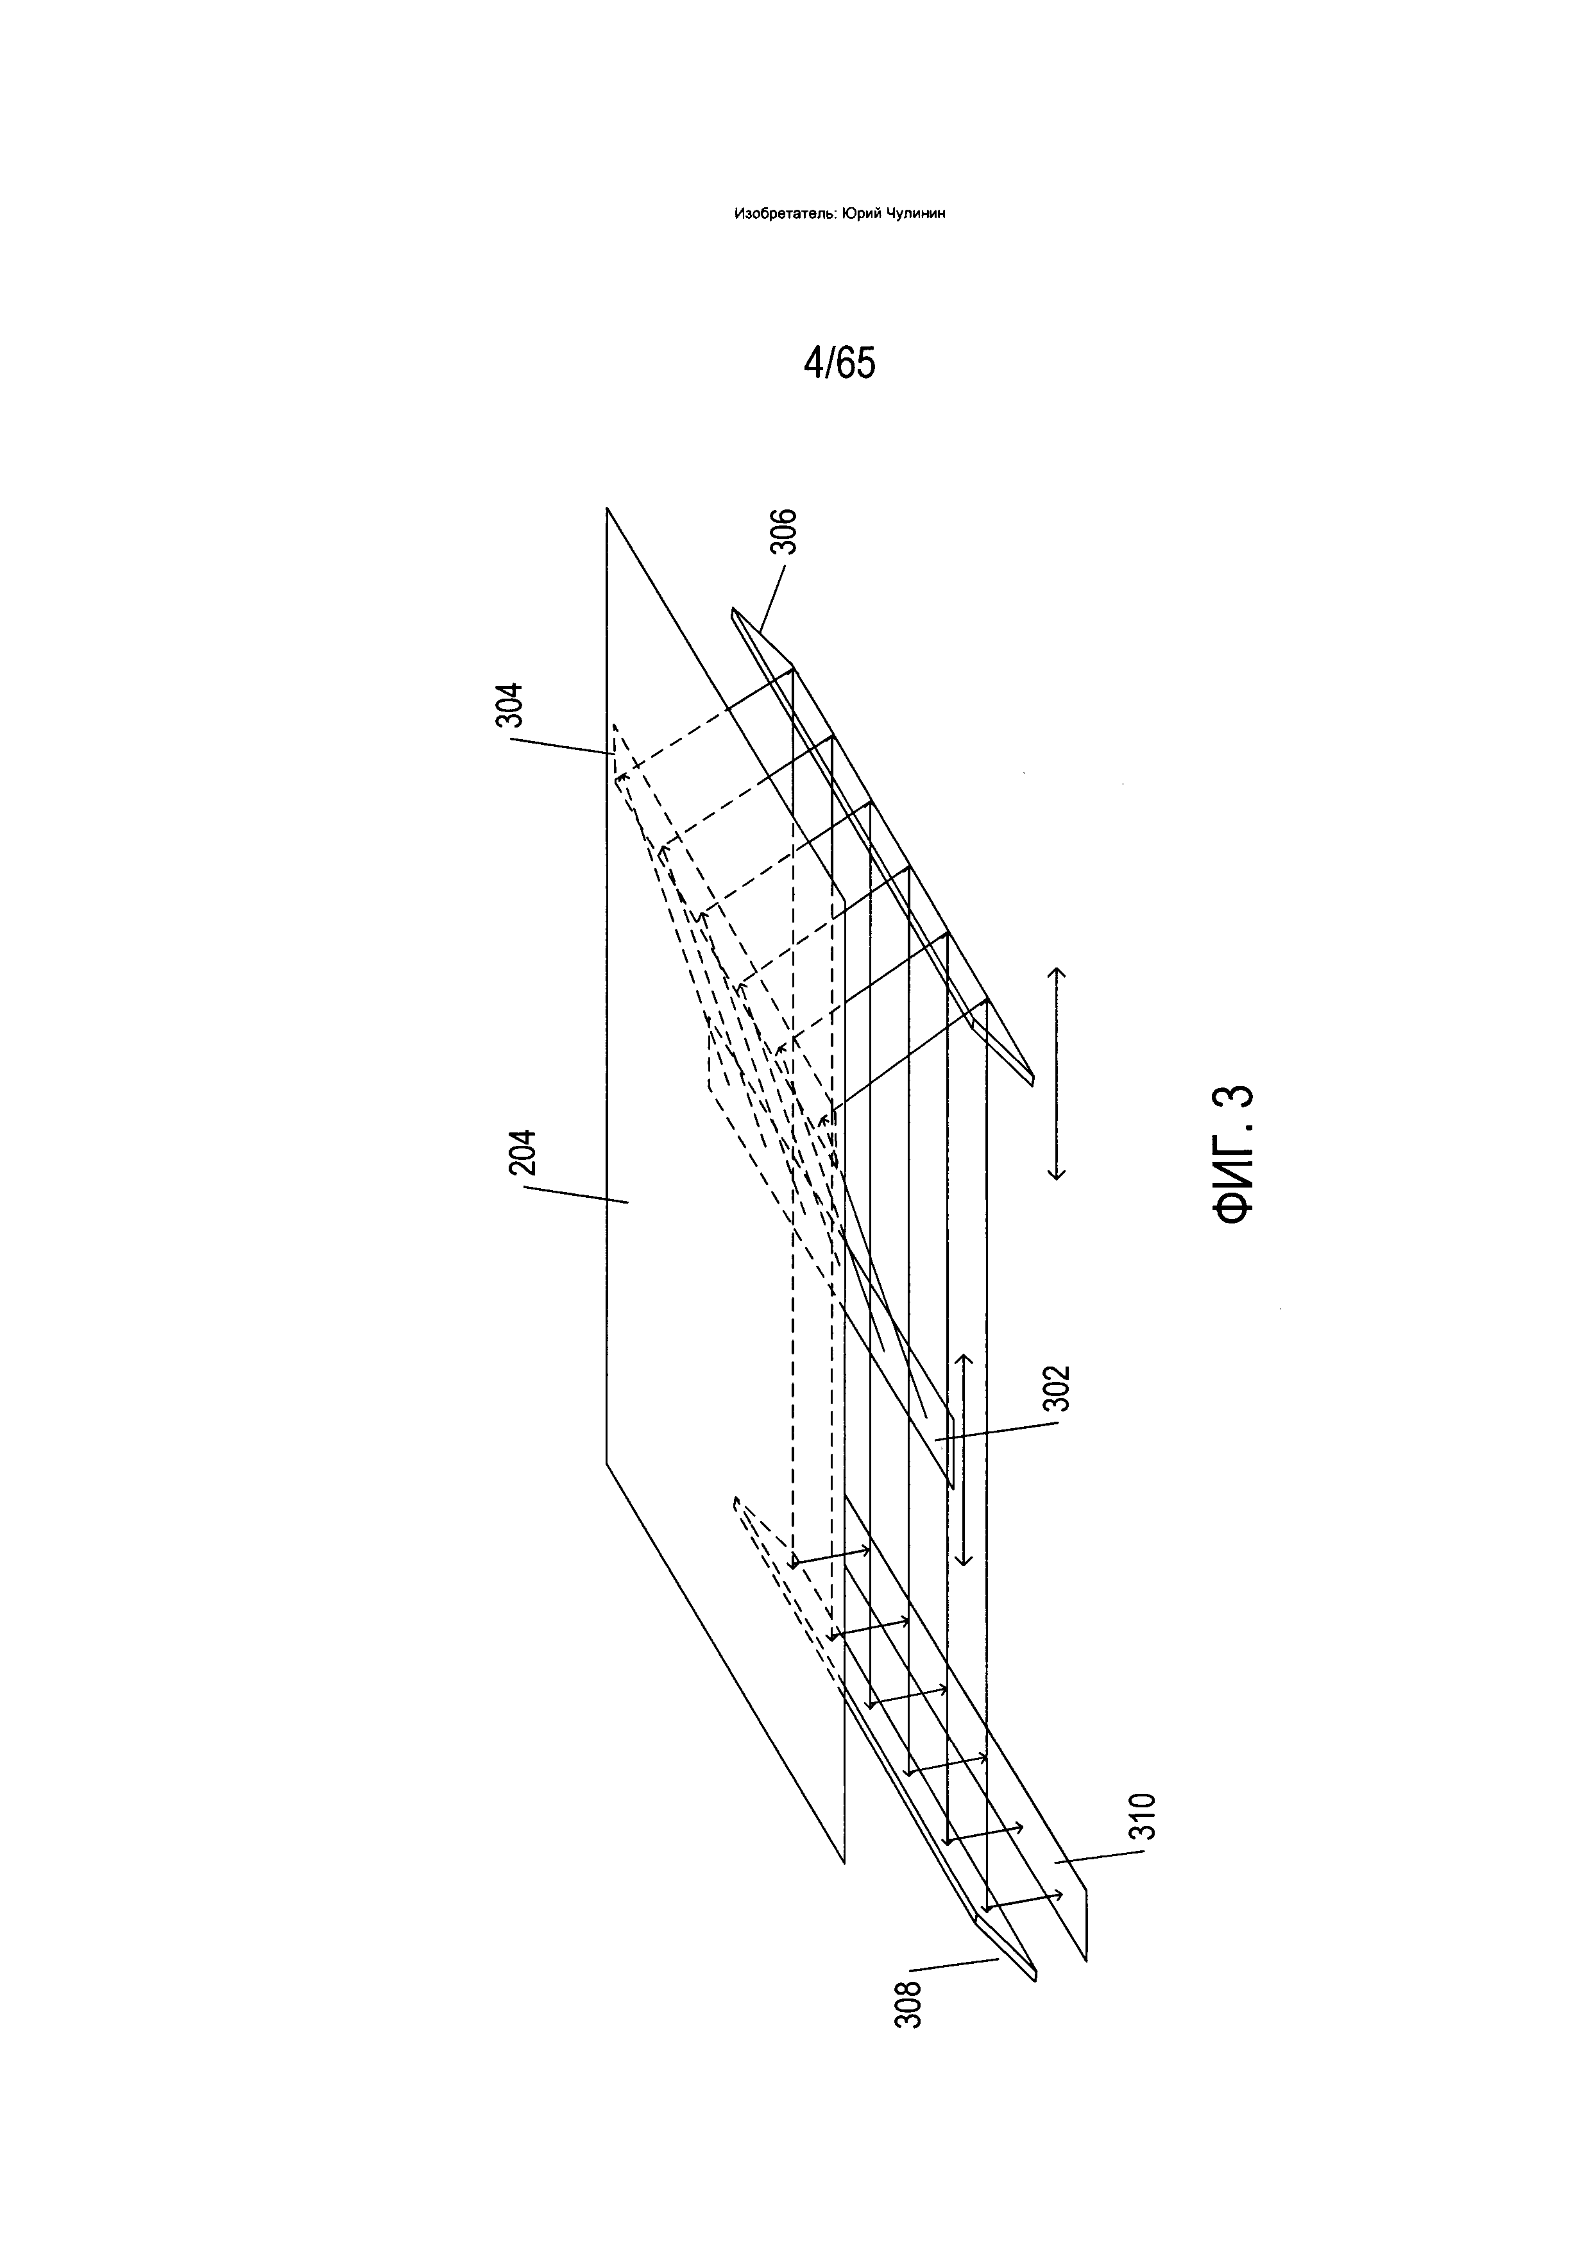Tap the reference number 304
(511, 704)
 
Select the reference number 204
(523, 1152)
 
